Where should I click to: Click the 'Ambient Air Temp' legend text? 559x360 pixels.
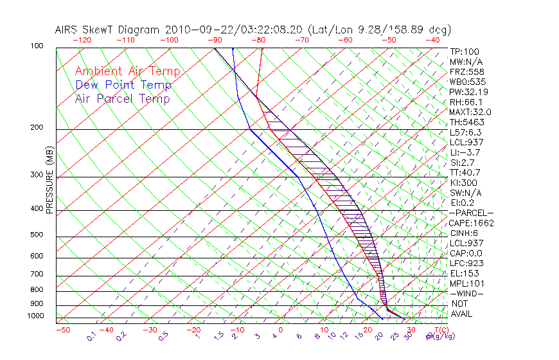[x=128, y=71]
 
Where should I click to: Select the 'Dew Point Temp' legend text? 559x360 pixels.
[x=123, y=85]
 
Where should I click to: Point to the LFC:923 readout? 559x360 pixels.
[x=466, y=263]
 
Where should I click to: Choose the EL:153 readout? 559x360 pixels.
[x=464, y=273]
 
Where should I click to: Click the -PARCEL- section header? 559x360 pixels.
[x=472, y=213]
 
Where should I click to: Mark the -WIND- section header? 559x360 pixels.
[x=467, y=293]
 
